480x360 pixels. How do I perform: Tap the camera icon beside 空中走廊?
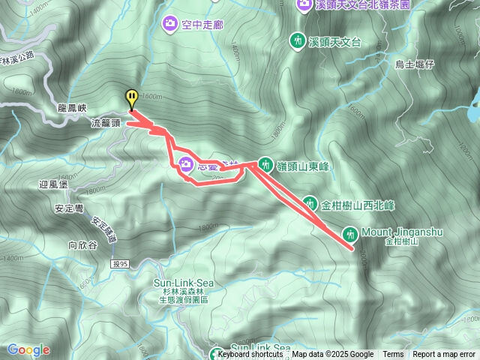click(170, 25)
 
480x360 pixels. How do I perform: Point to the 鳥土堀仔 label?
click(415, 64)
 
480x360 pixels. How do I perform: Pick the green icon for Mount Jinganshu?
click(349, 232)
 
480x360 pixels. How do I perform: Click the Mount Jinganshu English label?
click(402, 232)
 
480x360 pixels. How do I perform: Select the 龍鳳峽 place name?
click(73, 108)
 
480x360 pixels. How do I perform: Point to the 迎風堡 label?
click(53, 184)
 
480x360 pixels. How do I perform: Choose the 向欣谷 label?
click(83, 244)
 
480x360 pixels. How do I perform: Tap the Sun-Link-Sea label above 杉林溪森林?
click(184, 282)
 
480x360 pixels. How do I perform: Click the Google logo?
click(28, 349)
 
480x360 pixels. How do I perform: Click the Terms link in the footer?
click(393, 355)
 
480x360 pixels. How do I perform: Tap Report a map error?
click(443, 355)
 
